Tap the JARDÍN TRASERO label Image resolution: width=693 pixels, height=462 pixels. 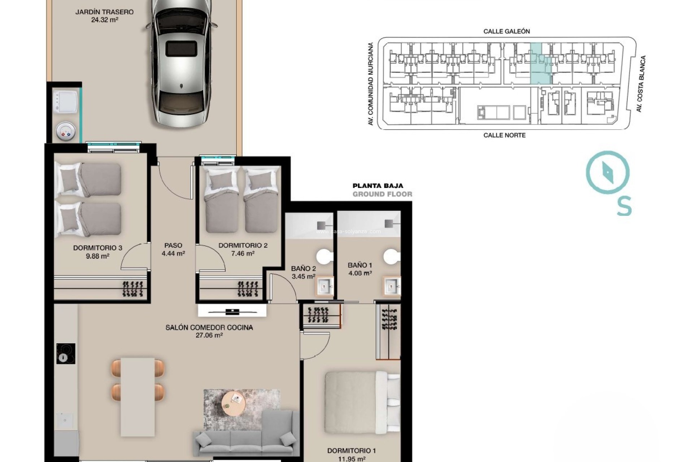(x=104, y=12)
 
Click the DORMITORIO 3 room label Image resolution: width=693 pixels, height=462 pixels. (x=97, y=248)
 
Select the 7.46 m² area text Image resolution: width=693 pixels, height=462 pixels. (x=243, y=253)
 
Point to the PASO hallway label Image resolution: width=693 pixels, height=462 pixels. (x=173, y=245)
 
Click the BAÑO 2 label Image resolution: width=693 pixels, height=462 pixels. (x=303, y=269)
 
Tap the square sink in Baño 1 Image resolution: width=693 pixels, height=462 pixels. (x=392, y=287)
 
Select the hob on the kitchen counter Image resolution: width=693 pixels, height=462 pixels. (x=66, y=353)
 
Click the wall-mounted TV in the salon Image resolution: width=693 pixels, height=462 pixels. (x=232, y=311)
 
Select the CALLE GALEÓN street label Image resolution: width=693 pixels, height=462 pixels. (x=506, y=31)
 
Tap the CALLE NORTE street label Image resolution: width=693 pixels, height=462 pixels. (x=504, y=135)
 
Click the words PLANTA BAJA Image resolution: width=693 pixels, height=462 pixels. (x=378, y=186)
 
